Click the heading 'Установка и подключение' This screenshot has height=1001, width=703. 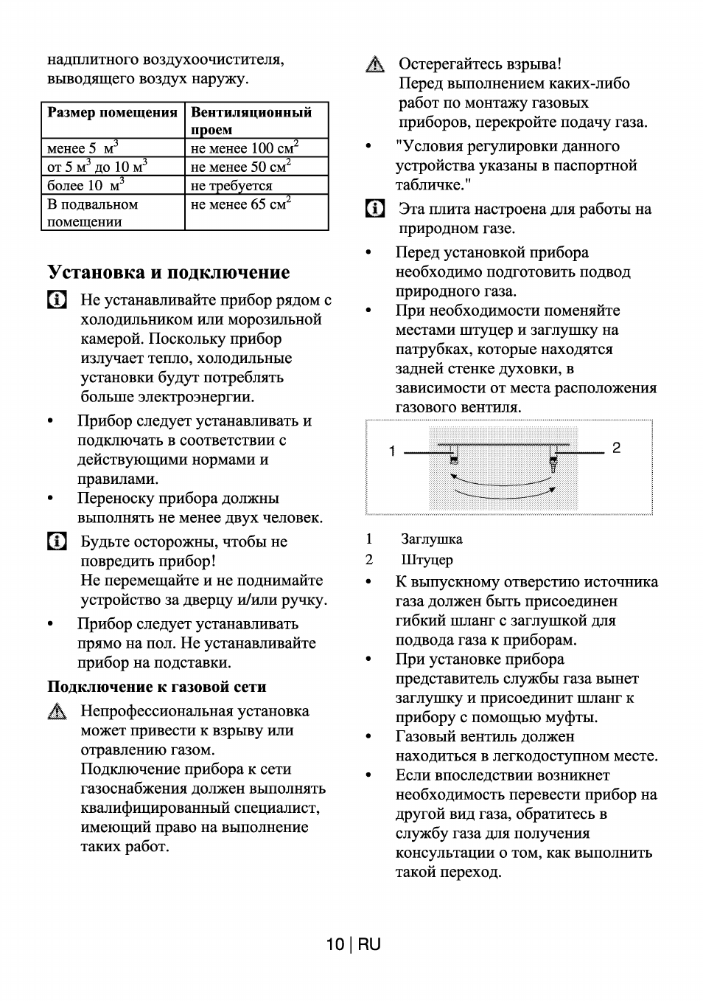point(169,272)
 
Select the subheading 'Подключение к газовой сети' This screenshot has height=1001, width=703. point(157,687)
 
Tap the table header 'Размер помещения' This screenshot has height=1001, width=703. point(112,113)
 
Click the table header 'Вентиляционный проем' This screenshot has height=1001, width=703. point(251,120)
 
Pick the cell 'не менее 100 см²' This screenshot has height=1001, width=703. point(244,148)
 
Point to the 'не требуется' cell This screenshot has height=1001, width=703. point(231,185)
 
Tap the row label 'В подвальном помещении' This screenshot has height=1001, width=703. point(93,212)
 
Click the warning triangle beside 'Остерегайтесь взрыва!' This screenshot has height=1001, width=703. point(375,65)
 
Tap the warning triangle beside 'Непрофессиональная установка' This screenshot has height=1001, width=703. point(57,712)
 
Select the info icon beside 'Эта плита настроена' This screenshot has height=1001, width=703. point(375,209)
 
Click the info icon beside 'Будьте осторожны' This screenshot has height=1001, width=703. point(57,541)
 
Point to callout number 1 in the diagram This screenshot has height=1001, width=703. point(393,451)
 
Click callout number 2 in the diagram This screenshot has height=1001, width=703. point(616,448)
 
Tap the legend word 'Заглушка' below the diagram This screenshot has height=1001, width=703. point(432,539)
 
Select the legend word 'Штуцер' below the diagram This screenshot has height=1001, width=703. point(427,560)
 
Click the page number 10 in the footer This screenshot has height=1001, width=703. point(335,944)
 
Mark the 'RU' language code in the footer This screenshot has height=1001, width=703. point(370,944)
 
